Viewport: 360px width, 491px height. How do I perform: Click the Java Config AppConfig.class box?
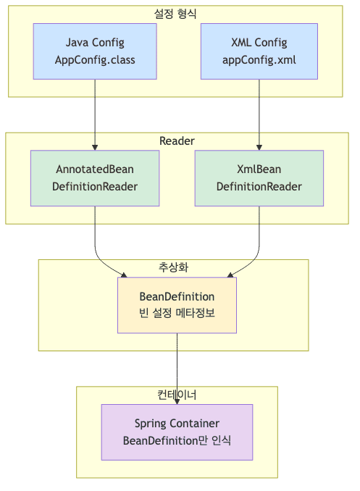(x=95, y=51)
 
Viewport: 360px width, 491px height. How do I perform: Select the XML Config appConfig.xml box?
(x=259, y=51)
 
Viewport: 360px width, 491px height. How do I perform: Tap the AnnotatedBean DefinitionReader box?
(x=95, y=178)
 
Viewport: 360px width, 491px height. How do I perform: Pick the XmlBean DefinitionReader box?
(x=259, y=178)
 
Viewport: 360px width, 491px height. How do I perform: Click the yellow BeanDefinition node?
(x=177, y=305)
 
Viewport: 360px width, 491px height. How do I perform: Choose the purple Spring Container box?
(x=177, y=432)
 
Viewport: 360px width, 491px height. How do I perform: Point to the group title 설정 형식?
(x=176, y=13)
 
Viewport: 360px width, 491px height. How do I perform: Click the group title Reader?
(x=176, y=140)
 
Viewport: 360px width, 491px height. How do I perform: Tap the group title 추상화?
(x=174, y=267)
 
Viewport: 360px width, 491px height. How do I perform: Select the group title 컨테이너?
(x=177, y=395)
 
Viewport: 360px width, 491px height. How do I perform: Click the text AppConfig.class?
(x=95, y=59)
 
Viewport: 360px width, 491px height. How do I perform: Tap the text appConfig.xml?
(x=259, y=59)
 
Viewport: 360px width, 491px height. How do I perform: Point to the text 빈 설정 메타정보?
(x=177, y=314)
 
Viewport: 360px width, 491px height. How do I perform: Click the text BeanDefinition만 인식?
(x=177, y=440)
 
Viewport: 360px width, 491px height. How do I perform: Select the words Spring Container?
(x=177, y=423)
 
